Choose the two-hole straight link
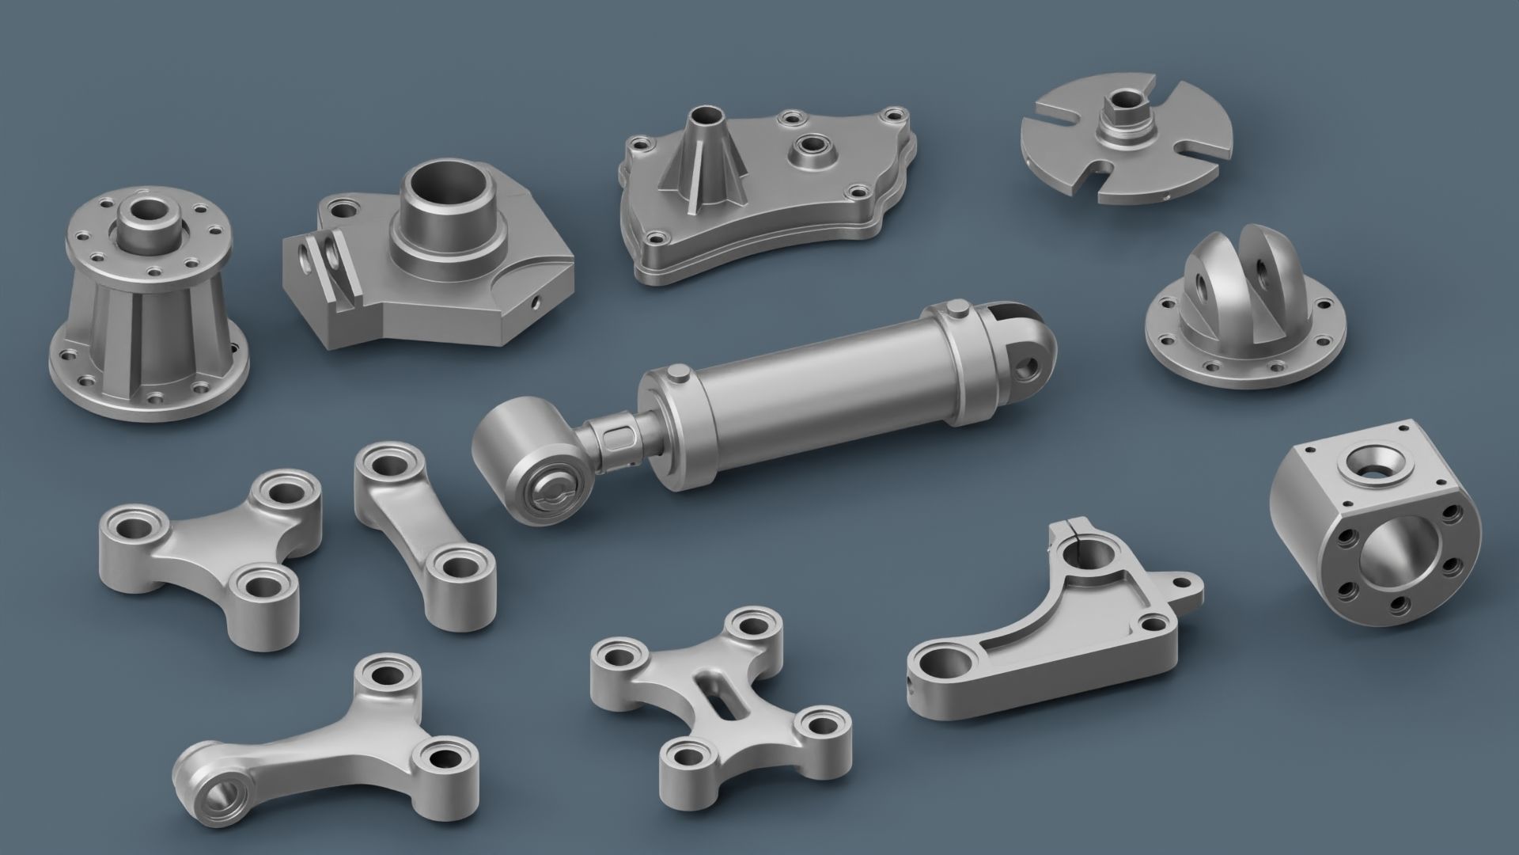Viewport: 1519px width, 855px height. click(x=423, y=531)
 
